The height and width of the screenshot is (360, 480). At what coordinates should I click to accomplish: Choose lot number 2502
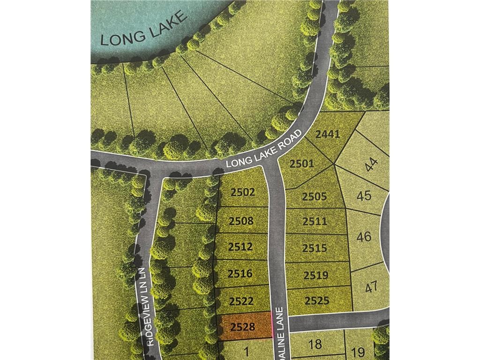(242, 192)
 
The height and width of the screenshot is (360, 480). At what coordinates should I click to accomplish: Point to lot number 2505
(314, 196)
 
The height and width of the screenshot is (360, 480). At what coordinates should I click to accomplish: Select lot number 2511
(315, 221)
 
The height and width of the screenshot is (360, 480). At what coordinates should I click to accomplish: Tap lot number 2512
(241, 247)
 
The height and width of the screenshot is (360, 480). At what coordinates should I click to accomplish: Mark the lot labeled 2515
(315, 248)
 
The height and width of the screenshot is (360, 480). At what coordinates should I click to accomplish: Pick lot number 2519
(315, 275)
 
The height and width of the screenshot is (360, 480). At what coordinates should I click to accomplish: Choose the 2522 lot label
(242, 301)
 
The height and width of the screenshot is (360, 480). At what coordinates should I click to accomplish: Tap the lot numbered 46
(364, 236)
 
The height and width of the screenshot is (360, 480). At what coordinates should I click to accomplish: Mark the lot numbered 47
(371, 286)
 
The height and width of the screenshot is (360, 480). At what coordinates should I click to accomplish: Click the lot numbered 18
(315, 345)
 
